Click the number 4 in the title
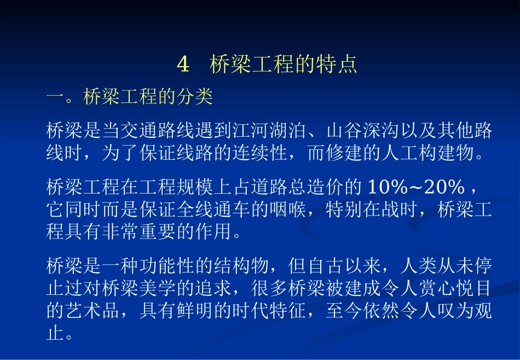[x=183, y=65]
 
